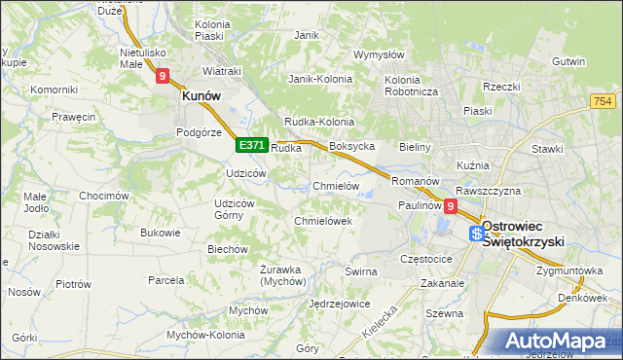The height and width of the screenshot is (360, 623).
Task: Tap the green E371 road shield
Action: click(x=252, y=145)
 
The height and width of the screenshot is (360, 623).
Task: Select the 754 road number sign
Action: click(x=603, y=102)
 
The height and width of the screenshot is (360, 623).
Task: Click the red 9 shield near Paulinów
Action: click(x=450, y=206)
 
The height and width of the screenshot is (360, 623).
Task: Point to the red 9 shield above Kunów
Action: click(x=163, y=74)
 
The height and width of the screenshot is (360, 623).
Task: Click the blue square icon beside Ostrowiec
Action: click(x=476, y=234)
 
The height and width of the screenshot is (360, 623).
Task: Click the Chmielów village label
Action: click(x=337, y=186)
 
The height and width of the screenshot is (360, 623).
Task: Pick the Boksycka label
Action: click(x=352, y=146)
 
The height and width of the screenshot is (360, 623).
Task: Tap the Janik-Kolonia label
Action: click(x=318, y=79)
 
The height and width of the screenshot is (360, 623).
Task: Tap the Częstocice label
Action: click(x=426, y=260)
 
